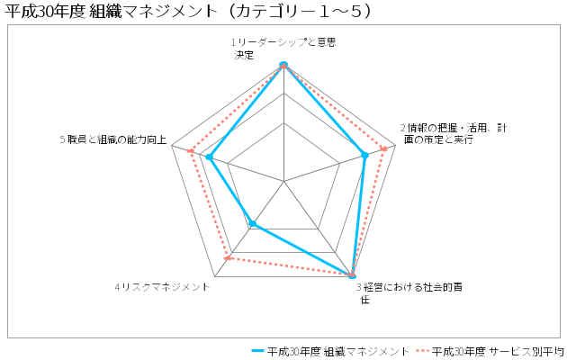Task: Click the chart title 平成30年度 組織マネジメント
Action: (111, 11)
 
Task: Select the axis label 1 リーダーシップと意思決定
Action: (283, 49)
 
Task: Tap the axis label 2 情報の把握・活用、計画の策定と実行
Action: (454, 133)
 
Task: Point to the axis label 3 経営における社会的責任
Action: (409, 293)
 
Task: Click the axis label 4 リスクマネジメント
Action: (162, 287)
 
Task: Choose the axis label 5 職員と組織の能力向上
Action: (113, 139)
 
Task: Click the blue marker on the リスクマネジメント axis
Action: (253, 224)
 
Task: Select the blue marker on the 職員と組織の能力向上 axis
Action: (209, 157)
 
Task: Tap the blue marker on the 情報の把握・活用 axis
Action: (364, 156)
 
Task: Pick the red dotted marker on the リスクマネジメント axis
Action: (227, 258)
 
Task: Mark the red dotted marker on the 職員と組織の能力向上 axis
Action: (190, 150)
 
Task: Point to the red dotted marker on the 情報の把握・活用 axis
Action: (384, 148)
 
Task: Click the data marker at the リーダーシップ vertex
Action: (283, 65)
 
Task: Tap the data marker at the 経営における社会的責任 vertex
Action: (352, 275)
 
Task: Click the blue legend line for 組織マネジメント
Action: (257, 351)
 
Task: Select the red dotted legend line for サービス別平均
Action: (422, 351)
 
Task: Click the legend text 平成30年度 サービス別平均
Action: (498, 351)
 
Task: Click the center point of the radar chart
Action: (283, 181)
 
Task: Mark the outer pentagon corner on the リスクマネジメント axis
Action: (215, 277)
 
